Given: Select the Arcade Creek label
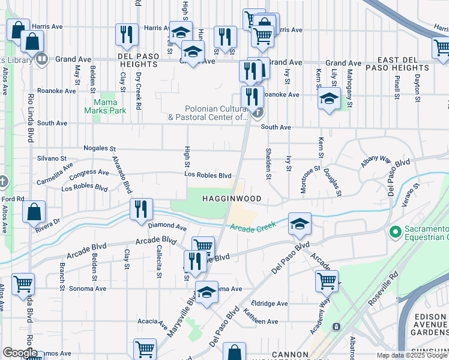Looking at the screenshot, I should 253,226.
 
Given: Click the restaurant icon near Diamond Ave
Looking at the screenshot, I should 140,210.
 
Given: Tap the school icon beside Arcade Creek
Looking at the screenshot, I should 300,224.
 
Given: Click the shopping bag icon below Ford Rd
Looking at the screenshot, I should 34,212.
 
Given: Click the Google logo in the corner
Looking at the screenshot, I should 20,353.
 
